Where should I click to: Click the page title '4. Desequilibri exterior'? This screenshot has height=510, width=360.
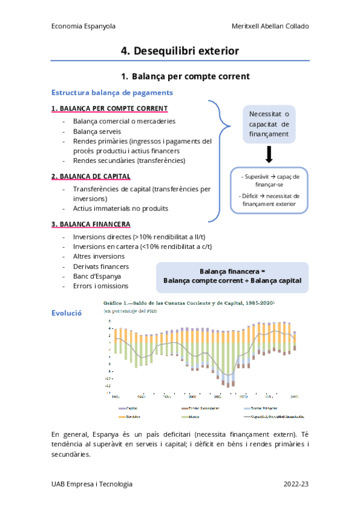pyautogui.click(x=180, y=51)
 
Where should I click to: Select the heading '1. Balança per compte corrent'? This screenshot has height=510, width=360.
pyautogui.click(x=185, y=76)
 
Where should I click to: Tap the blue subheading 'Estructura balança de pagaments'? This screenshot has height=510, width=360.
pyautogui.click(x=112, y=93)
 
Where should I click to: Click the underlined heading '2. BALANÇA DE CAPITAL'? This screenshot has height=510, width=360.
pyautogui.click(x=91, y=176)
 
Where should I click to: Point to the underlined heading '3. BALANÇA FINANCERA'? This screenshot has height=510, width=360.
pyautogui.click(x=91, y=224)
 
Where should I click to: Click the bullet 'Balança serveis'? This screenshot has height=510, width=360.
pyautogui.click(x=97, y=131)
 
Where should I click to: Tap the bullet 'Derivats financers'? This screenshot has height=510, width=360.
pyautogui.click(x=100, y=266)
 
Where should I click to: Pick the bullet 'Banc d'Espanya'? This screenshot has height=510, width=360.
pyautogui.click(x=97, y=276)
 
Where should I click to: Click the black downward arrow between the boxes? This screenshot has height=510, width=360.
pyautogui.click(x=269, y=156)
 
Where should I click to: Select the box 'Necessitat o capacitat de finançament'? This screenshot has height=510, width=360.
pyautogui.click(x=269, y=124)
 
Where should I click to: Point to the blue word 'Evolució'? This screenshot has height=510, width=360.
pyautogui.click(x=66, y=313)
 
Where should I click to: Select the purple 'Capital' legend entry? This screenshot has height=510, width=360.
pyautogui.click(x=130, y=408)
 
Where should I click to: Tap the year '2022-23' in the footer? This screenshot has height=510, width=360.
pyautogui.click(x=296, y=484)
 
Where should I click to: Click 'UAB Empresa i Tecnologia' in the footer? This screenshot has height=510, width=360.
pyautogui.click(x=92, y=484)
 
